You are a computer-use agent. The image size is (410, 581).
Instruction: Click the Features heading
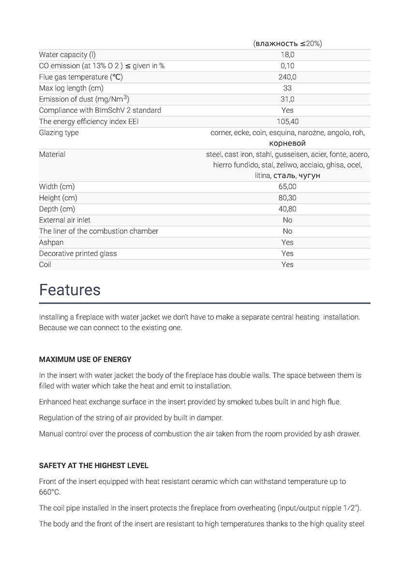coord(70,290)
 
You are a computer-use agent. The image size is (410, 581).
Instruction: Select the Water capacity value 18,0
coord(287,55)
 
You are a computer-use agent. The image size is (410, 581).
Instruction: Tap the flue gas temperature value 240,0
coord(287,77)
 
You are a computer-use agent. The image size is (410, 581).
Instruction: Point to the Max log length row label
coord(71,88)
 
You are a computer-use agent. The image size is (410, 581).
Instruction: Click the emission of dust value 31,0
coord(287,99)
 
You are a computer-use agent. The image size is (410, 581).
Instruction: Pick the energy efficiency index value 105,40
coord(287,122)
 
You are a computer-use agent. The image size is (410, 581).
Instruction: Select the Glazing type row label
coord(59,133)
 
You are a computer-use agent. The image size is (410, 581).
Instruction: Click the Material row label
coord(52,154)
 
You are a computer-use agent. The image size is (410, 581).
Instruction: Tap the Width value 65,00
coord(287,187)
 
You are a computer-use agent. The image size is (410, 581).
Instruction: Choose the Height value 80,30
coord(287,198)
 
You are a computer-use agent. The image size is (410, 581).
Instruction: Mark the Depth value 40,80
coord(287,209)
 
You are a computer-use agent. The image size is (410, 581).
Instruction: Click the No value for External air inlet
coord(287,220)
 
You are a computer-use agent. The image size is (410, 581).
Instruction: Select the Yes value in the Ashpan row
coord(287,243)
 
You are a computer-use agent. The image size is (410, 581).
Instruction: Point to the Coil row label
coord(45,265)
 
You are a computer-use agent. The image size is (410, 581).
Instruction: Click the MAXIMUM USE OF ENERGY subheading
coord(85,360)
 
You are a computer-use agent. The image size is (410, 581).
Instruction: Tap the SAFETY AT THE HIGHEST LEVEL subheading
coord(94,466)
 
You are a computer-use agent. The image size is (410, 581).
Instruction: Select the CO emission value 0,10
coord(287,66)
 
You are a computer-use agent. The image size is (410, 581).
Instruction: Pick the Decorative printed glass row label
coord(78,254)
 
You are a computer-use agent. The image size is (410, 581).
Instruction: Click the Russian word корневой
coord(287,143)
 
